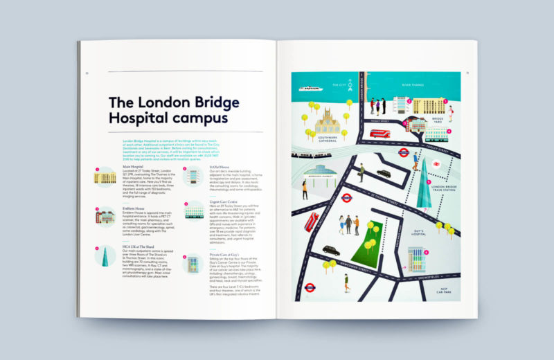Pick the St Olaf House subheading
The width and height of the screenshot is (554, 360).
(221, 167)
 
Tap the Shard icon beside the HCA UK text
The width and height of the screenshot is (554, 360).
(105, 258)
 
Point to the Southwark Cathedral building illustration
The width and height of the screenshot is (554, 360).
(330, 125)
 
